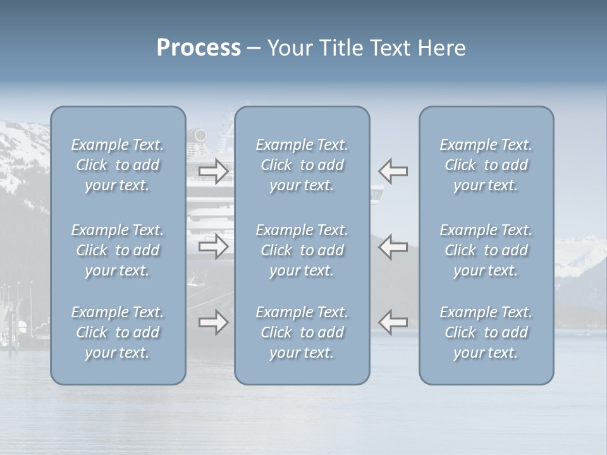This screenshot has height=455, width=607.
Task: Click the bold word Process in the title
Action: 199,48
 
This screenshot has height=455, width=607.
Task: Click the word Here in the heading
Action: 441,48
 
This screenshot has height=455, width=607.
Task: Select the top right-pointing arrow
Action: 213,171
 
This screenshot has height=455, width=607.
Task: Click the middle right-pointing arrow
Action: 213,246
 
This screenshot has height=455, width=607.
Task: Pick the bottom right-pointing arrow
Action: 213,322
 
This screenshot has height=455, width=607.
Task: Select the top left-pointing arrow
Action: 393,171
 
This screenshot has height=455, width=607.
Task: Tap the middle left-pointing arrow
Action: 393,246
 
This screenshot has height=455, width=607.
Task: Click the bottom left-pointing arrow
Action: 393,322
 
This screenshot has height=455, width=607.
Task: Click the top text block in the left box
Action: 118,165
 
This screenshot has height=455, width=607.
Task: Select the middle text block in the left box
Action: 118,250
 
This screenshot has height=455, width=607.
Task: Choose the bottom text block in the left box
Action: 118,332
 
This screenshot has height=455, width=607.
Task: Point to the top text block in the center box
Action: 302,165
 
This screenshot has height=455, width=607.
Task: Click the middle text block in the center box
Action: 302,250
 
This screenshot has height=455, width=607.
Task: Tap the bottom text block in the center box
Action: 302,332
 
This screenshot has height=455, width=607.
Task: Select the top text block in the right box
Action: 486,165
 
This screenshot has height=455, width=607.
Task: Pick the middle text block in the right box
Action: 486,250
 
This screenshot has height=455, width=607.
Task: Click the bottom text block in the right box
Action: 486,332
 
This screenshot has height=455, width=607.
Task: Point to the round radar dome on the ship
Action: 200,135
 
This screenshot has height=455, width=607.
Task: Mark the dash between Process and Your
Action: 254,49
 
